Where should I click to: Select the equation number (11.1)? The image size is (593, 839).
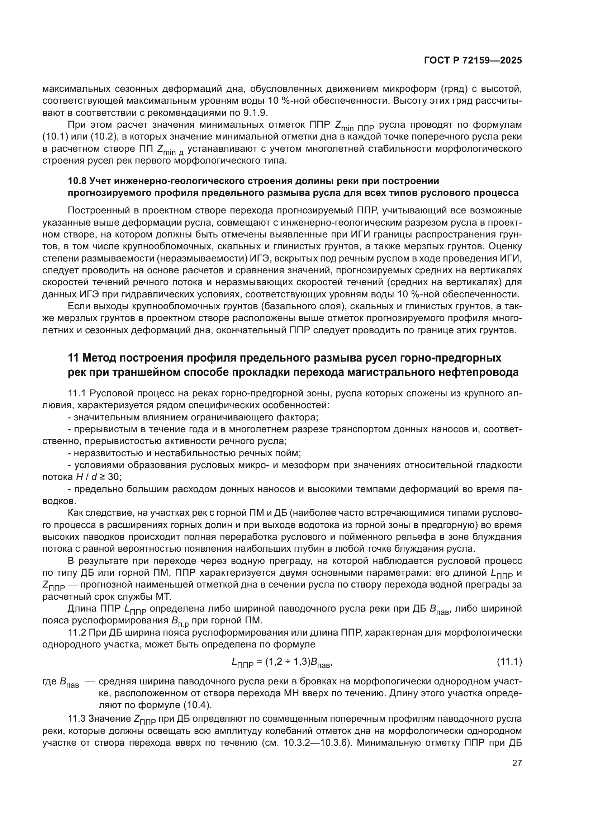point(509,662)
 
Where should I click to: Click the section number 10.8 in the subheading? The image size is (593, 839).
point(77,181)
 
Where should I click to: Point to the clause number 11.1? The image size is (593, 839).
point(77,393)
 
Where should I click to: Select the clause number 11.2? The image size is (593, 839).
point(77,632)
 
